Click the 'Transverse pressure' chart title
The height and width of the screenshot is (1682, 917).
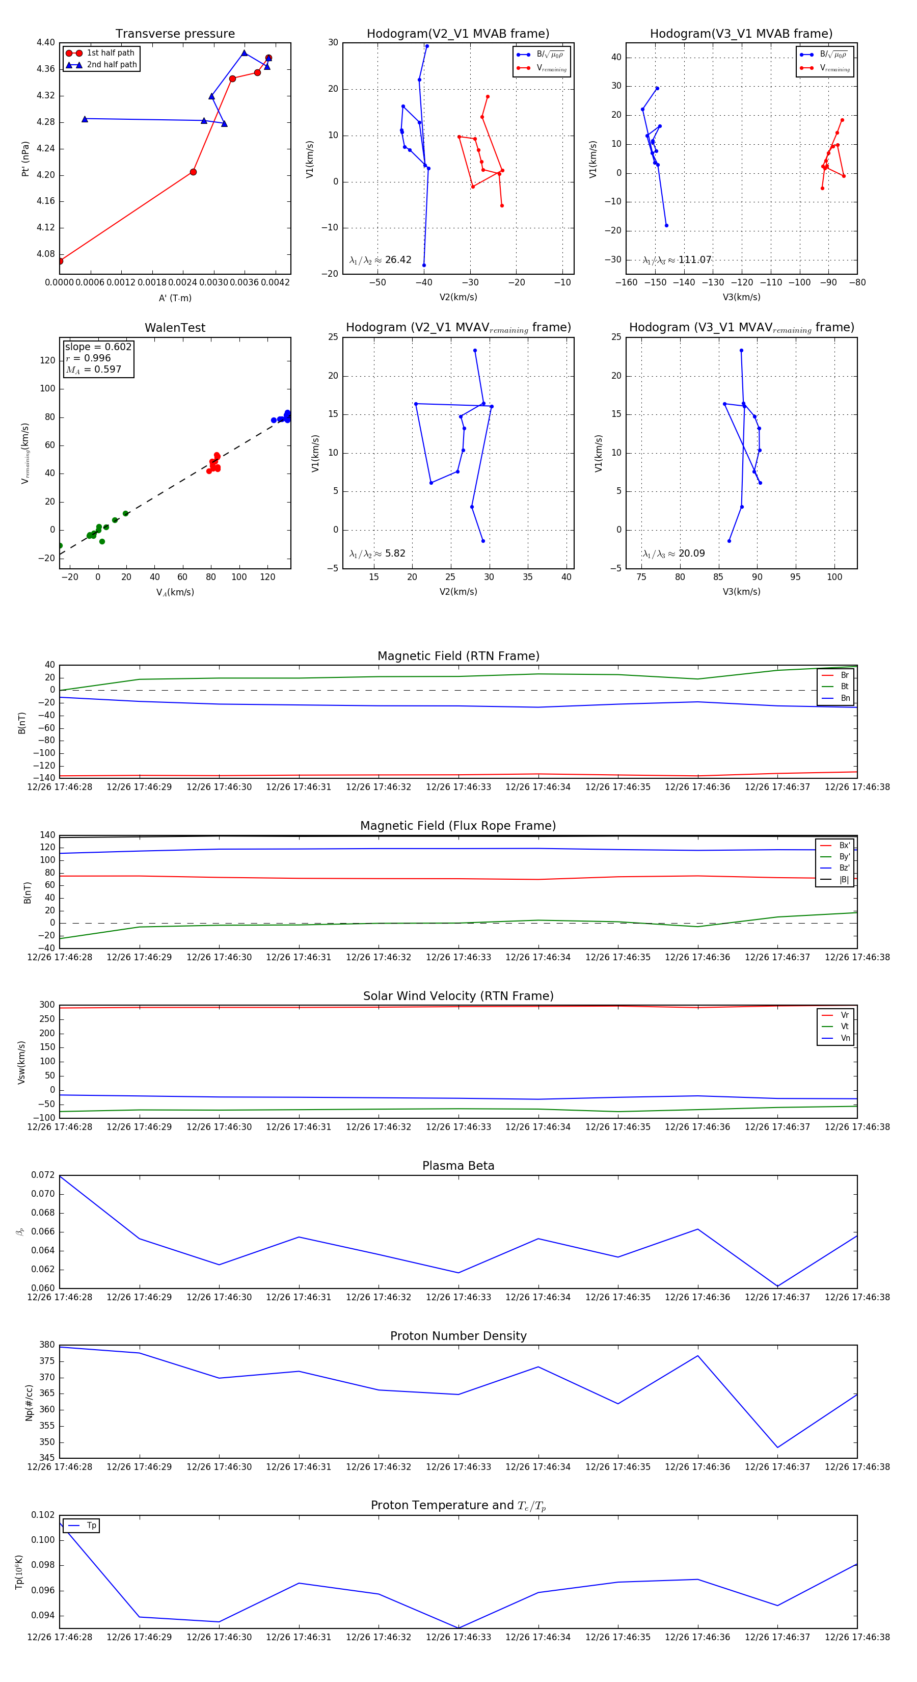tap(175, 34)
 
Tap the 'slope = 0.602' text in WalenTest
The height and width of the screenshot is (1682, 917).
tap(98, 347)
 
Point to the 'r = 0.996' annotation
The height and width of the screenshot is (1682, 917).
tap(88, 358)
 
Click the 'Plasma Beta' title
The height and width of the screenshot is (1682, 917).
tap(458, 1166)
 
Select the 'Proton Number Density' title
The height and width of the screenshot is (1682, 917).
tap(458, 1336)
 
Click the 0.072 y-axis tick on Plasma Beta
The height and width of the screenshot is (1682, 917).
tap(43, 1175)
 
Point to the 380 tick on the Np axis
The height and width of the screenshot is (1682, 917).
tap(47, 1345)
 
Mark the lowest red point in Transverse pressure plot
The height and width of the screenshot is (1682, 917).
tap(60, 261)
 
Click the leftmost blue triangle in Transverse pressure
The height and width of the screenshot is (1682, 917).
tap(85, 119)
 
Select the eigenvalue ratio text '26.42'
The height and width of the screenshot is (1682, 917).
tap(398, 260)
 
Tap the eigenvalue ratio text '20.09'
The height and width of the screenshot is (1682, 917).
tap(691, 554)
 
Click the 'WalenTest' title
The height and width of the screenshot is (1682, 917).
tap(175, 328)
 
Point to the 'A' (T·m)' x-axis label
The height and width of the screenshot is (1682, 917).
tap(175, 298)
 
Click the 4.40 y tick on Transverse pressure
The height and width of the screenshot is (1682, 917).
tap(46, 42)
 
